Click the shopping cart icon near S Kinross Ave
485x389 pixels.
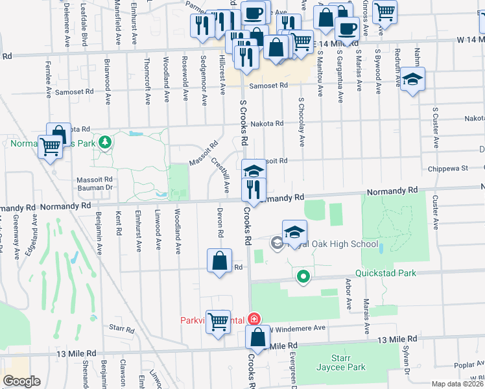coord(384,12)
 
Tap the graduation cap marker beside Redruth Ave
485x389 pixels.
coord(412,80)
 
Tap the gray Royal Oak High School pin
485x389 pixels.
coord(277,243)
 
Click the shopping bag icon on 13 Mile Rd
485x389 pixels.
coord(258,338)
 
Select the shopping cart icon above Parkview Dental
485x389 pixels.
coord(219,321)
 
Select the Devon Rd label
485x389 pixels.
coord(220,223)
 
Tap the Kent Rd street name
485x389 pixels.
coord(119,223)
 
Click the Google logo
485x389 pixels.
coord(21,381)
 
